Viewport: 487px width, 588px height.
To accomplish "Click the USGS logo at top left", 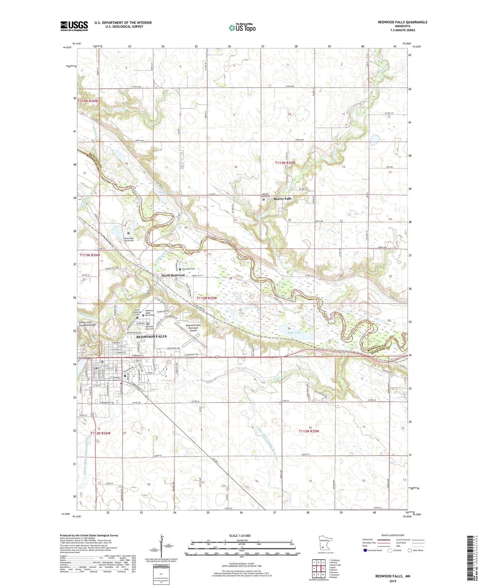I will [74, 26].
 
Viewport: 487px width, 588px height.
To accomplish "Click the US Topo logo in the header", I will [242, 28].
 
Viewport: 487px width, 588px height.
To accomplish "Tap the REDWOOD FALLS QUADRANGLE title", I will [402, 22].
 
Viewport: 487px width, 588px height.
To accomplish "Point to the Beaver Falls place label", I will [282, 199].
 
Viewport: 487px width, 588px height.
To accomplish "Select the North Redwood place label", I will [173, 275].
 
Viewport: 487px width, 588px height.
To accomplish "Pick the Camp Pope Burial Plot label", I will [129, 239].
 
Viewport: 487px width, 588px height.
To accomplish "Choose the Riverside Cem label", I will [188, 269].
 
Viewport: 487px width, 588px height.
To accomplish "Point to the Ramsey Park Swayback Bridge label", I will [87, 323].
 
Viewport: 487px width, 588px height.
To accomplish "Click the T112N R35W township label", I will [309, 431].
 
